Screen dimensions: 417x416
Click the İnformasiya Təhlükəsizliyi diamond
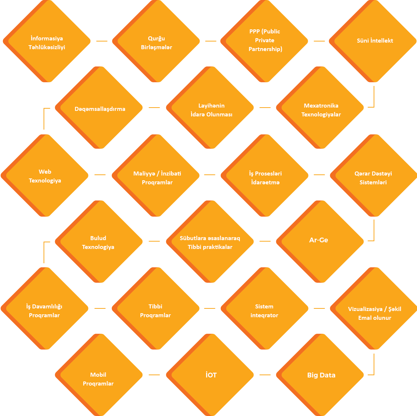47,41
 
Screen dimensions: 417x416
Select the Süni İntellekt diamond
373,41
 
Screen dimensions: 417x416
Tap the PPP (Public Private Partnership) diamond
264,41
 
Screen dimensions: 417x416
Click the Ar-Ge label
319,240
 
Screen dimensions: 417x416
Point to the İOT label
211,375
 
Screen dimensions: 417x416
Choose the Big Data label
321,375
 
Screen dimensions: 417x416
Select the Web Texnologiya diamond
45,176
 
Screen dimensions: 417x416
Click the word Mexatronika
321,105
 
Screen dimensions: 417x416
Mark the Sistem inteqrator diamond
264,308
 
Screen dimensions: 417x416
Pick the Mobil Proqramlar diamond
99,375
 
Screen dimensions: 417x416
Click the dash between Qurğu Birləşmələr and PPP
211,41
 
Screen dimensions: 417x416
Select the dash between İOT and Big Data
265,375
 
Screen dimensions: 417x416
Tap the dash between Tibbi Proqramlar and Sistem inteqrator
209,308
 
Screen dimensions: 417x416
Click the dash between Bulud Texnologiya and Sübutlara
154,241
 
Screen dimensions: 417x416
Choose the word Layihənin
211,105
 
